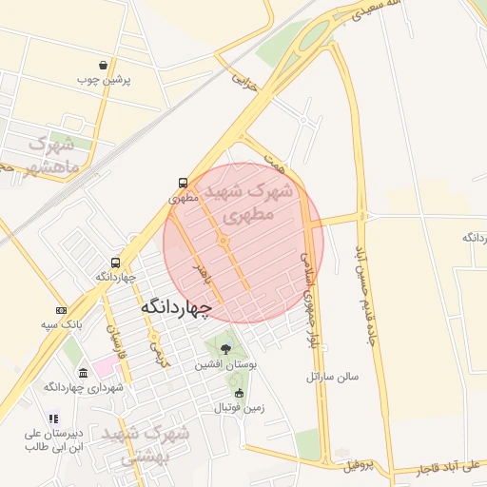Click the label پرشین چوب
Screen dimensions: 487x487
click(x=107, y=81)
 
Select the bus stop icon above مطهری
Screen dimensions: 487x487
click(x=182, y=184)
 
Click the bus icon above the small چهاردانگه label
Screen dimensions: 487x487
click(x=115, y=263)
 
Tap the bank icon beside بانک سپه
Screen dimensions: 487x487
click(x=62, y=311)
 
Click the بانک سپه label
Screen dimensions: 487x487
click(x=61, y=325)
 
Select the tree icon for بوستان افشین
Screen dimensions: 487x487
click(x=224, y=349)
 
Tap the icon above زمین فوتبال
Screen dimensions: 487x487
click(x=238, y=393)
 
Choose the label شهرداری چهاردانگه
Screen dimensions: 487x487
click(x=84, y=387)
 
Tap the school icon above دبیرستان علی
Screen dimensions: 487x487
click(x=54, y=419)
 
